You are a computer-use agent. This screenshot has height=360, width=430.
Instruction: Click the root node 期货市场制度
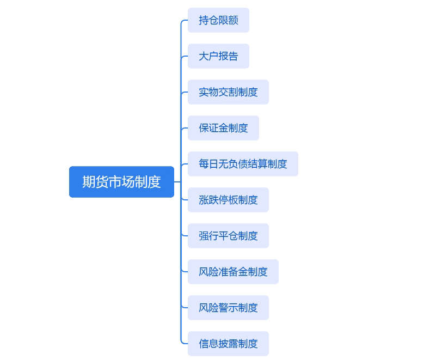coord(121,182)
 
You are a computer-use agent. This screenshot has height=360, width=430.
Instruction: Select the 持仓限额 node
coord(218,20)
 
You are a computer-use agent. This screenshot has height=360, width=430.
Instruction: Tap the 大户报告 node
coord(218,56)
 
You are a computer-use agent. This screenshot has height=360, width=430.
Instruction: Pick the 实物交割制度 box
coord(228,92)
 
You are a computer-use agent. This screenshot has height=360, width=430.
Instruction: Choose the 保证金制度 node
coord(223,128)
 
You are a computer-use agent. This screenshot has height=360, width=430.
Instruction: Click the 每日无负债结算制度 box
coord(243,164)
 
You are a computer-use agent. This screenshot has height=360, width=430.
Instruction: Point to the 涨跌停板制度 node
coord(228,200)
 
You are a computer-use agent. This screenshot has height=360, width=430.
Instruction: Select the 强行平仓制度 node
coord(228,236)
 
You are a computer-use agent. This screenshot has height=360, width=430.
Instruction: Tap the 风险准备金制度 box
coord(233,272)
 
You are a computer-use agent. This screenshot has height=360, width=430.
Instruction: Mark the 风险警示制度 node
coord(228,308)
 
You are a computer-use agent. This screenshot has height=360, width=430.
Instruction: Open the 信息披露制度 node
coord(228,344)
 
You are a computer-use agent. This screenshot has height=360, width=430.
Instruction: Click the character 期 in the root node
coord(89,182)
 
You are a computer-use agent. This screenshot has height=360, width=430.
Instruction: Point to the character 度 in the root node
coord(155,182)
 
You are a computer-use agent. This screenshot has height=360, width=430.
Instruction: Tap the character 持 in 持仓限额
coord(204,20)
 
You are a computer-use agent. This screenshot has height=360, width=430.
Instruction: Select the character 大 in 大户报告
coord(204,56)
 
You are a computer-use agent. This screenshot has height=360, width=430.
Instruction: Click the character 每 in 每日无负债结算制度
coord(204,164)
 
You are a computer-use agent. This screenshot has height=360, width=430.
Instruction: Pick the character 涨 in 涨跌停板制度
coord(204,200)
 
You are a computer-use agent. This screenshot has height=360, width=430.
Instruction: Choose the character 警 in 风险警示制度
coord(224,308)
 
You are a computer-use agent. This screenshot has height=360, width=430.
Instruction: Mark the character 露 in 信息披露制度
coord(234,344)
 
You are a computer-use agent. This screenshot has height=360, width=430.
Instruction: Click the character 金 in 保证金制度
coord(224,128)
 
